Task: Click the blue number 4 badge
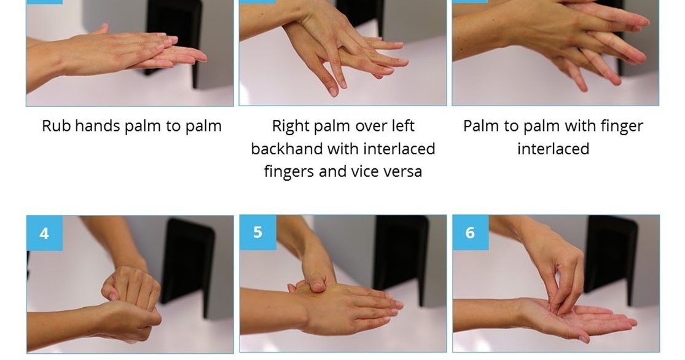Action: tap(45, 233)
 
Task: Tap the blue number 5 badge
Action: tap(258, 232)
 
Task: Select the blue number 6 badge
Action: tap(471, 232)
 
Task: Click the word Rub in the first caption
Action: tap(57, 126)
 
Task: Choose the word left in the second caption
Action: tap(403, 126)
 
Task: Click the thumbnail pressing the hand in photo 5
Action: tap(319, 287)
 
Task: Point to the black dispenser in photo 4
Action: tap(188, 261)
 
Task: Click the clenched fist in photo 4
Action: tap(131, 289)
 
